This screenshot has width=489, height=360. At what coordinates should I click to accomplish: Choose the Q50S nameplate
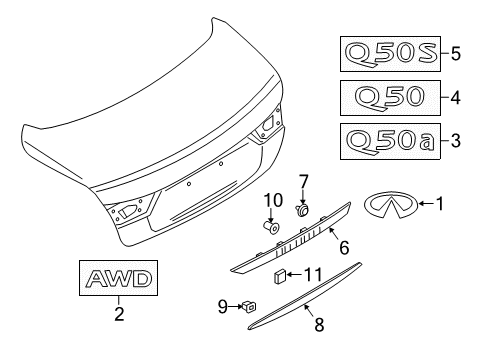(391, 52)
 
